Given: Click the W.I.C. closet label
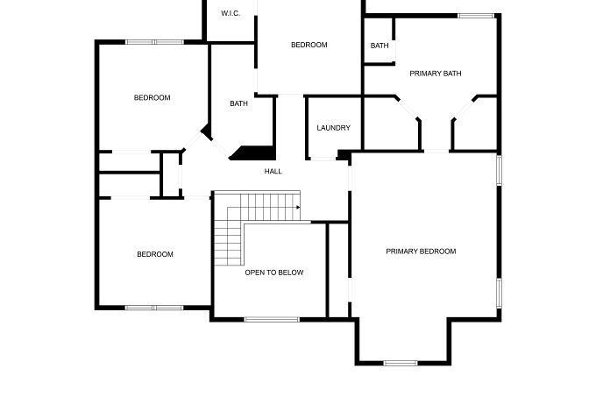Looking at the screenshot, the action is click(231, 13).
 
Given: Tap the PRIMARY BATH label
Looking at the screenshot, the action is click(436, 74).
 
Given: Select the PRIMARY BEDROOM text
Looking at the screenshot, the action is click(421, 252).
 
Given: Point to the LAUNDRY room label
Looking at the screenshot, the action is click(333, 128).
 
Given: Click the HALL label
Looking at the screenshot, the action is click(273, 172).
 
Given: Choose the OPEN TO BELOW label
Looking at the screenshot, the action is click(274, 273).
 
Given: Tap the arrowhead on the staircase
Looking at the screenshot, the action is click(298, 207).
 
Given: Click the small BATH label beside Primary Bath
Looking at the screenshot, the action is click(380, 46).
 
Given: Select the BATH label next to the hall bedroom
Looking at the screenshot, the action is click(238, 103).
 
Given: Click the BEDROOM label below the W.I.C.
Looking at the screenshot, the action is click(309, 45).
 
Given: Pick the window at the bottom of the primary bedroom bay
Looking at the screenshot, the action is click(401, 363).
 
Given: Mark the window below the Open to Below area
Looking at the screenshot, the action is click(272, 320).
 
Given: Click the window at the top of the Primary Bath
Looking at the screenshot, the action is click(476, 16).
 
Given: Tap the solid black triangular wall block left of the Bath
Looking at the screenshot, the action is click(207, 131).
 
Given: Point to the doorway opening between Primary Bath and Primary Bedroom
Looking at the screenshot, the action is click(436, 152).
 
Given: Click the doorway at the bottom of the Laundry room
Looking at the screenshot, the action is click(323, 159).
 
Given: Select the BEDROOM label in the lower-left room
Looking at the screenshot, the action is click(155, 254).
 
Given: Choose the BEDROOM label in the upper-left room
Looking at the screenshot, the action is click(152, 97).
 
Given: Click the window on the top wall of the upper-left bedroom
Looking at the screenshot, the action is click(155, 42).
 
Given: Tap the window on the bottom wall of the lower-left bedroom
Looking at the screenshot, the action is click(154, 308).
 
